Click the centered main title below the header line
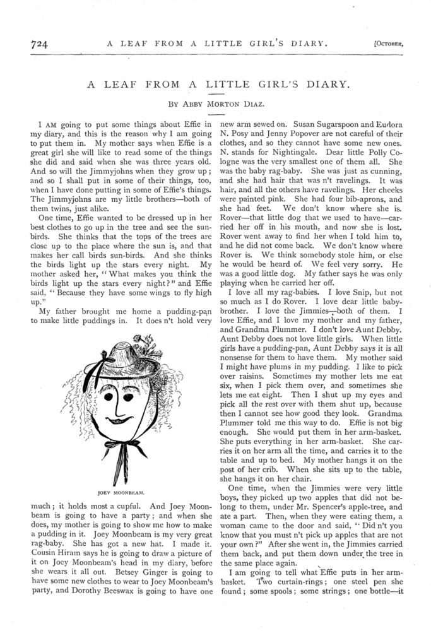point(215,83)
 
